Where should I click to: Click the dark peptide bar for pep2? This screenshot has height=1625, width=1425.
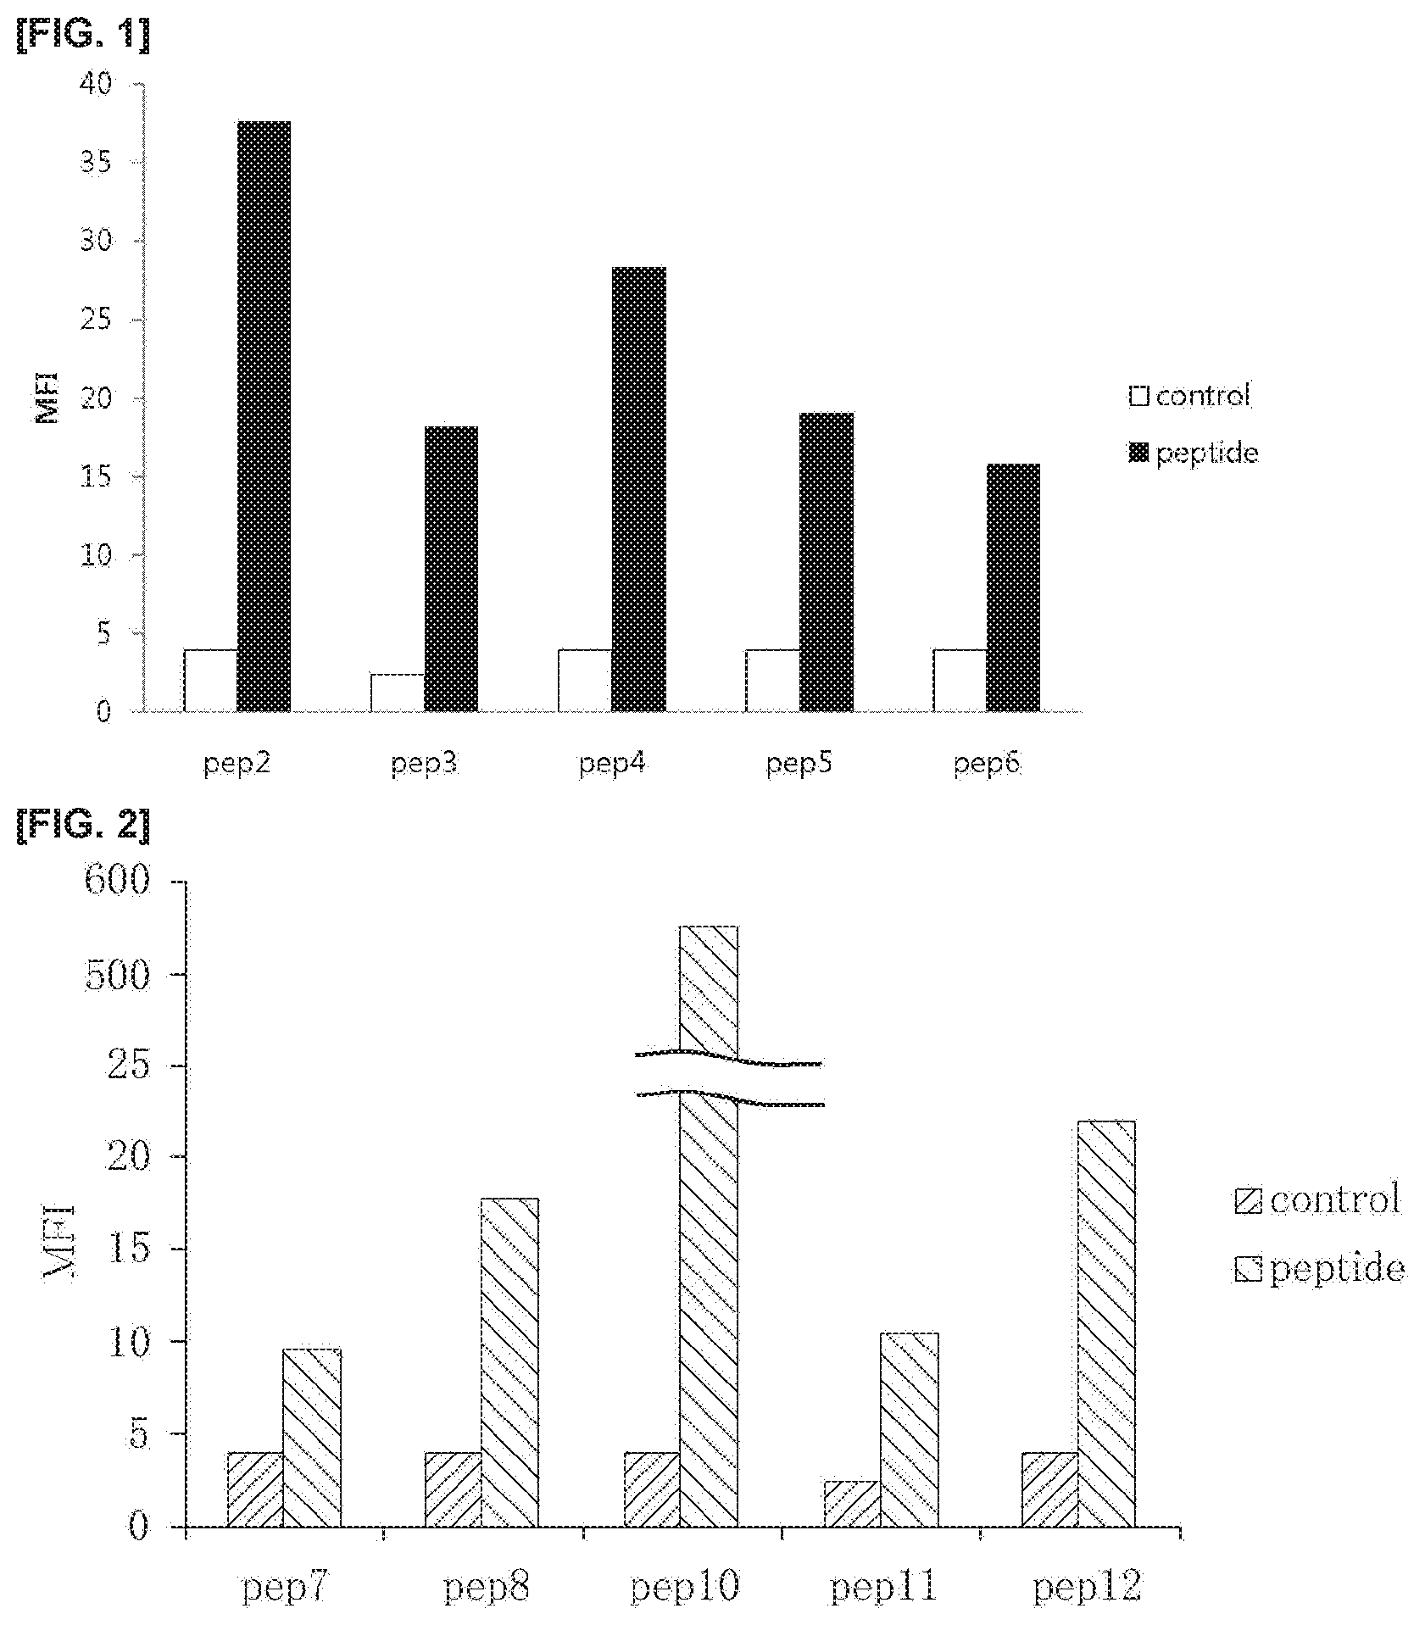pos(264,416)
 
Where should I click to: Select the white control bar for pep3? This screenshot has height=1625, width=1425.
pos(398,693)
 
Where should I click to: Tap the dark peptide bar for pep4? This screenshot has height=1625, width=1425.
pos(638,489)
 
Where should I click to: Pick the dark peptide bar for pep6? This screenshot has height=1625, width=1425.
pos(1013,587)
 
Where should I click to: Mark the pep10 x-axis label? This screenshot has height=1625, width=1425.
pos(685,1586)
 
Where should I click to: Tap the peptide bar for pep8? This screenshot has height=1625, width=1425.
pos(509,1363)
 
